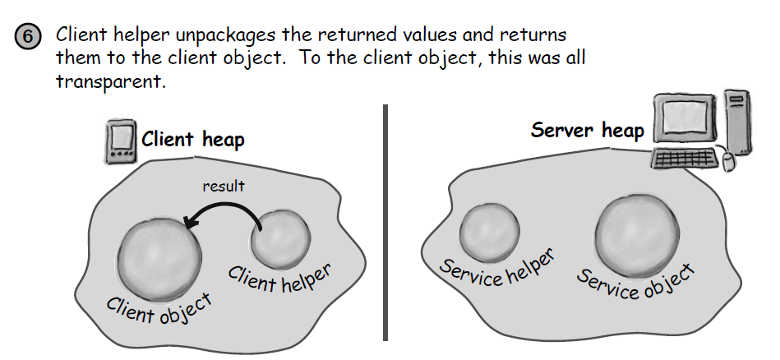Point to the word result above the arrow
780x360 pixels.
[224, 186]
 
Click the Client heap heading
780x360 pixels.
[193, 139]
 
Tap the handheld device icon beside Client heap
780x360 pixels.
[121, 141]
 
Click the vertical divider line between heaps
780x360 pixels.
[385, 222]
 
